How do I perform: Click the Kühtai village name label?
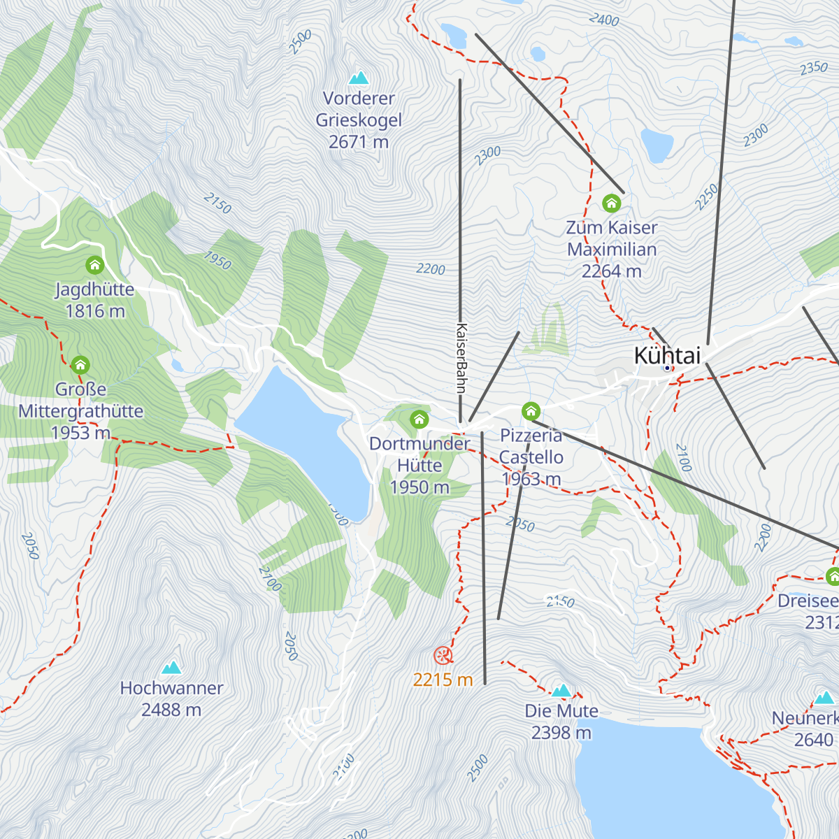[x=666, y=355]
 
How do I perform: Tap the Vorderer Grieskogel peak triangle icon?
[x=359, y=78]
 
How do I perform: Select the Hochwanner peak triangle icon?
[x=171, y=668]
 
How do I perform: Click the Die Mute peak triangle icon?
[x=561, y=691]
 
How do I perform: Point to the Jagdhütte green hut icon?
[x=94, y=266]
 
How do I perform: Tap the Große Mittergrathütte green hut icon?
[x=80, y=365]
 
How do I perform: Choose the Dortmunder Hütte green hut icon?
[x=419, y=419]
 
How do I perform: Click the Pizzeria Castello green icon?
[x=531, y=410]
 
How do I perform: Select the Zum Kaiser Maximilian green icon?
[x=611, y=203]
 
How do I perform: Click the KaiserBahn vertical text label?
[x=461, y=358]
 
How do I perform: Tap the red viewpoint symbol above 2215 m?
[x=443, y=656]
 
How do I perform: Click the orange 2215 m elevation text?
[x=443, y=680]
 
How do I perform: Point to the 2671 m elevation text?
[x=359, y=142]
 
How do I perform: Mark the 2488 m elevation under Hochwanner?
[x=171, y=710]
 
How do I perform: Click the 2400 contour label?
[x=603, y=20]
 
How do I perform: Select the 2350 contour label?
[x=813, y=68]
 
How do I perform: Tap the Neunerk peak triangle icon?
[x=824, y=698]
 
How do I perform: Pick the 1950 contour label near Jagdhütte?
[x=217, y=261]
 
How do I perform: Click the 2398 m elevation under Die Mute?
[x=561, y=733]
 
